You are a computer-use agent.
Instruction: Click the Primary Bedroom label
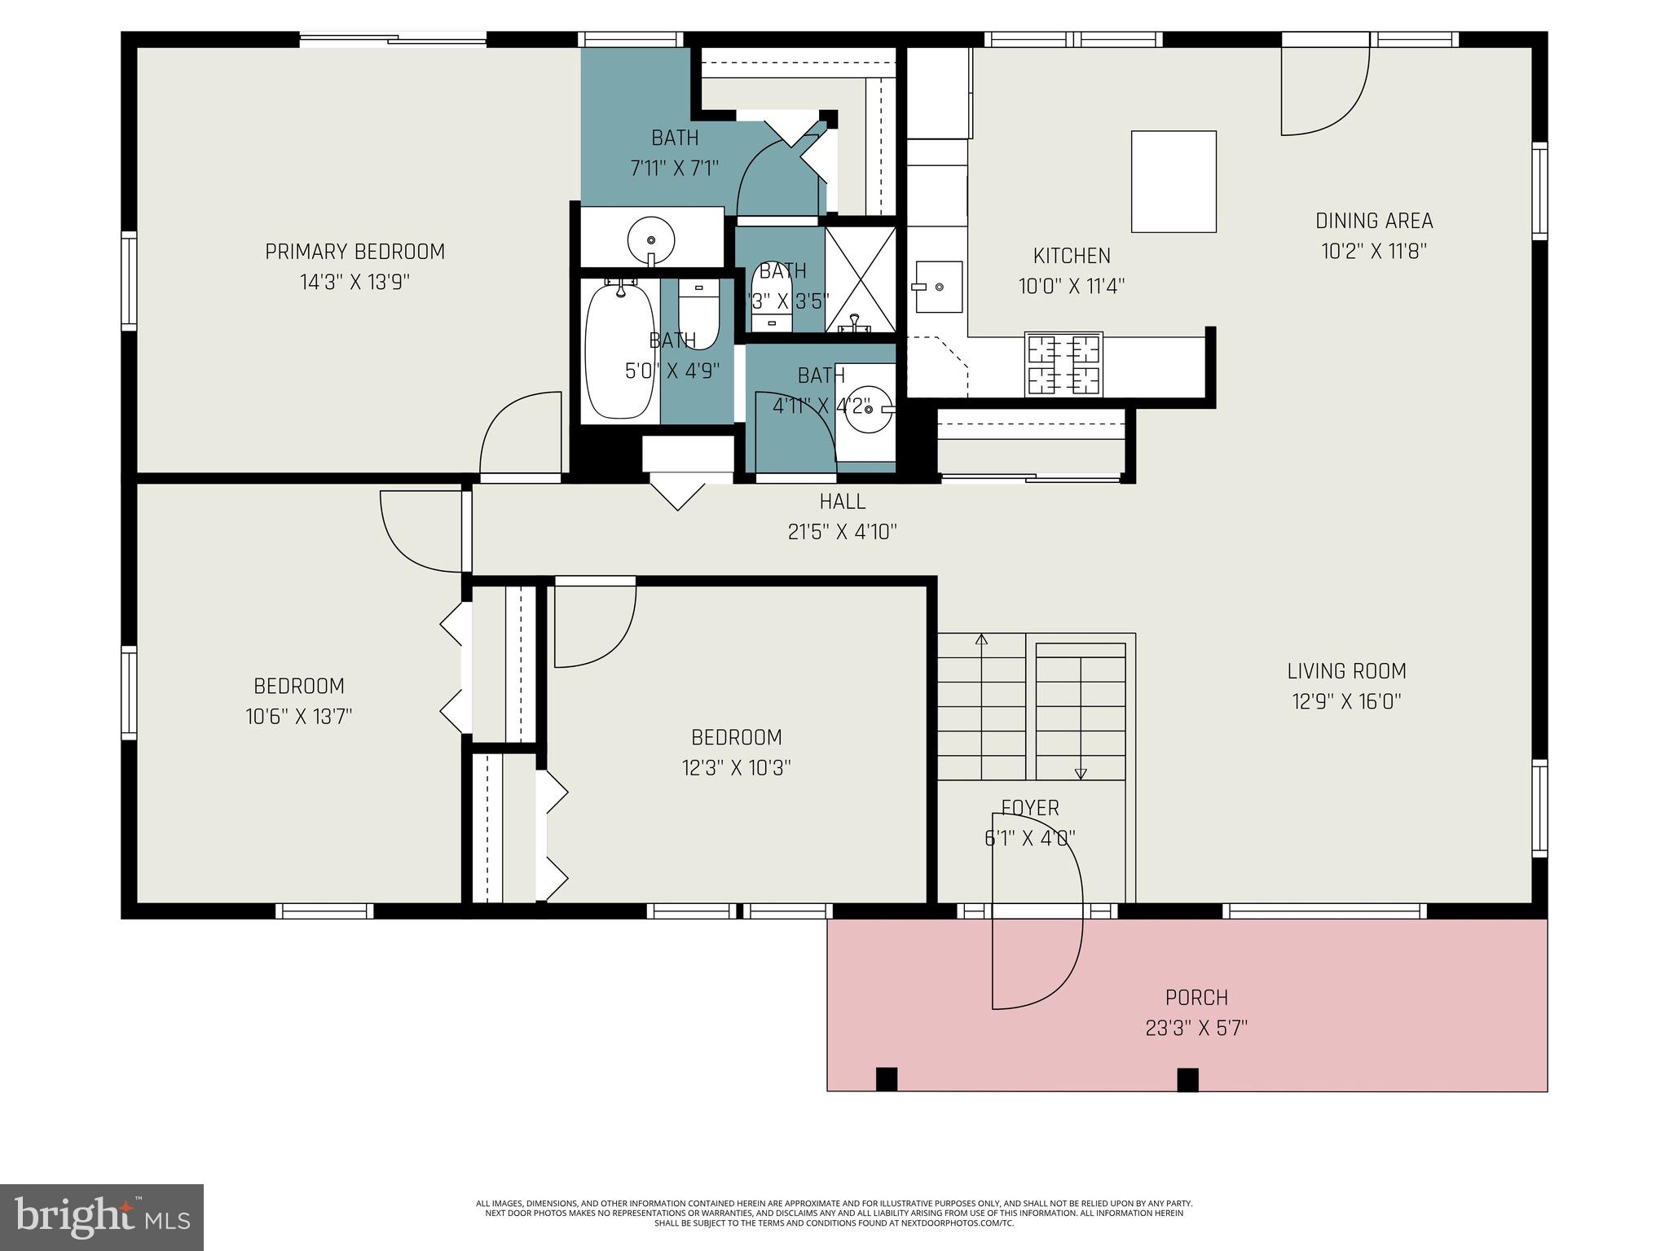click(354, 252)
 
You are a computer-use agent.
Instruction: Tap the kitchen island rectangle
click(1174, 181)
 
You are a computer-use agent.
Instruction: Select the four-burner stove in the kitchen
click(1063, 364)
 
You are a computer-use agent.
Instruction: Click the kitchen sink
click(938, 287)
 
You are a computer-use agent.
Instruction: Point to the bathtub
click(620, 350)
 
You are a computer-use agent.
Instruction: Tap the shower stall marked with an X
click(861, 279)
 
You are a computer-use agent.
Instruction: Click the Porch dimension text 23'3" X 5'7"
click(1196, 1029)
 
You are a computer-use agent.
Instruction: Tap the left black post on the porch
click(887, 1078)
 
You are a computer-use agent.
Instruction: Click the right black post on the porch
click(1187, 1079)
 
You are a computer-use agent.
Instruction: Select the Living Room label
click(1346, 671)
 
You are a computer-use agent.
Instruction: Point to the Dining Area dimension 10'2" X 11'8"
click(1374, 251)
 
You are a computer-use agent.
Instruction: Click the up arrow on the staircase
click(981, 640)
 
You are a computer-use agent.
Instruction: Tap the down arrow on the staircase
click(1081, 773)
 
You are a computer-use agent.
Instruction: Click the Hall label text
click(842, 502)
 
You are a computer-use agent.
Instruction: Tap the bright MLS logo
click(102, 1217)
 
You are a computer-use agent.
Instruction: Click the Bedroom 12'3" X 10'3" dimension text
click(736, 768)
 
